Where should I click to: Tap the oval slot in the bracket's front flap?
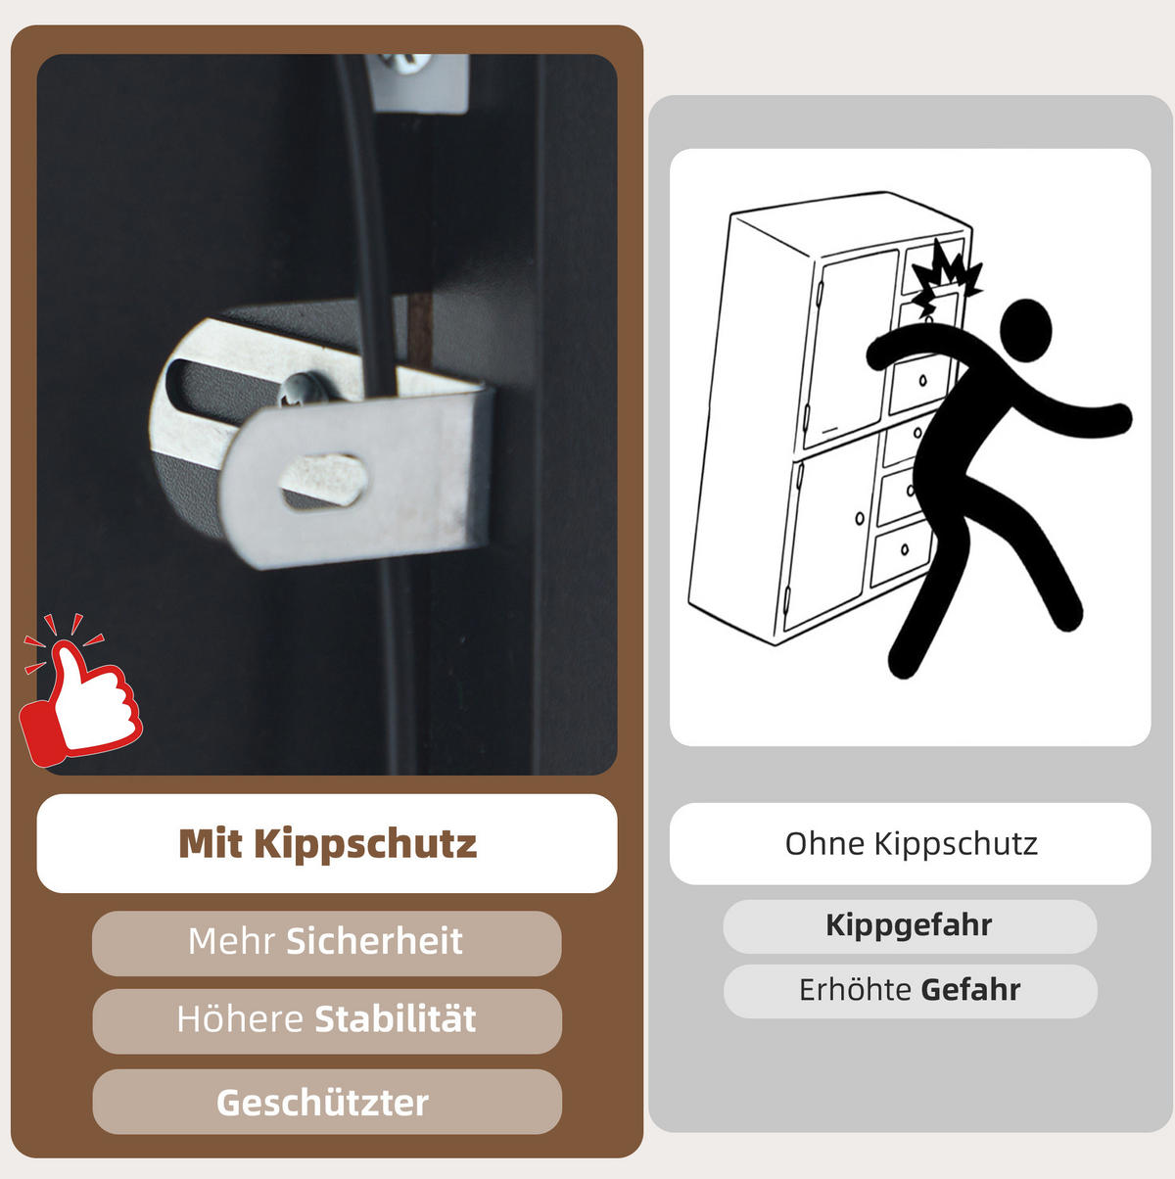pyautogui.click(x=324, y=481)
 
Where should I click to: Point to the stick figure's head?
pyautogui.click(x=1026, y=330)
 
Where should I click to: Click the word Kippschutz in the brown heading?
pyautogui.click(x=365, y=845)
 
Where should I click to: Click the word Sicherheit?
pyautogui.click(x=374, y=941)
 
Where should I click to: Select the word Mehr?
pyautogui.click(x=231, y=941)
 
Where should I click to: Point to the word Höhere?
pyautogui.click(x=240, y=1018)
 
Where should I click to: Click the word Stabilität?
pyautogui.click(x=396, y=1018)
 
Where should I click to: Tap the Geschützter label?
pyautogui.click(x=322, y=1104)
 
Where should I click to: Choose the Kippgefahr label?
pyautogui.click(x=909, y=925)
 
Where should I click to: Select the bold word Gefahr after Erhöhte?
pyautogui.click(x=970, y=990)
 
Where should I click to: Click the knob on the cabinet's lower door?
pyautogui.click(x=860, y=519)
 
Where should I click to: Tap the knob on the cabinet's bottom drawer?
pyautogui.click(x=905, y=548)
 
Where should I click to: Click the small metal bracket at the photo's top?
pyautogui.click(x=418, y=81)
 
